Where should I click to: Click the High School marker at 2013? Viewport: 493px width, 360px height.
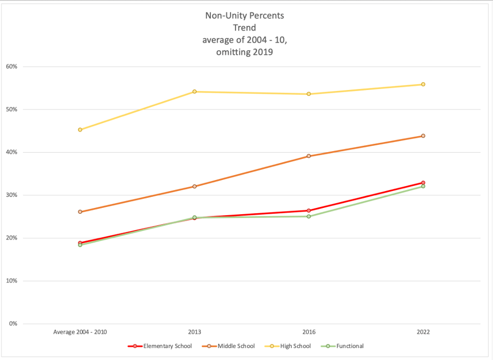click(x=194, y=92)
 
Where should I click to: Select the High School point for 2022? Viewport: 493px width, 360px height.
click(x=423, y=84)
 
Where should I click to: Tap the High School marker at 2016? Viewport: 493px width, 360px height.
click(x=309, y=94)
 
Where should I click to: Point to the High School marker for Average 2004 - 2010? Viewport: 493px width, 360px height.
click(x=80, y=129)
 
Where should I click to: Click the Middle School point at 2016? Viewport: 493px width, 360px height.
click(x=309, y=156)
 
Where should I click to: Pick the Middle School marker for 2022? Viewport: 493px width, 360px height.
click(x=423, y=136)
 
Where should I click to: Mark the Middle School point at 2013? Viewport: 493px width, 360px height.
click(x=194, y=186)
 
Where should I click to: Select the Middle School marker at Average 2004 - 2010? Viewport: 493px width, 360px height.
click(x=80, y=212)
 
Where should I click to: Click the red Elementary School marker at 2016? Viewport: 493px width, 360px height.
click(x=309, y=211)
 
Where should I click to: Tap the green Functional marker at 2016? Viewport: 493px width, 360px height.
click(x=309, y=216)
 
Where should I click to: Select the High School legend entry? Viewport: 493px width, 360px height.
click(x=289, y=346)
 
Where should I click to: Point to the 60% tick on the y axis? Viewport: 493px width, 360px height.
click(x=12, y=67)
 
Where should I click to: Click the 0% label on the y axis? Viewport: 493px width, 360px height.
click(x=14, y=324)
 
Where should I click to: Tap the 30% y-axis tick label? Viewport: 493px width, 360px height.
click(x=12, y=195)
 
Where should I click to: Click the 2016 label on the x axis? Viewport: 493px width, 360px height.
click(x=309, y=332)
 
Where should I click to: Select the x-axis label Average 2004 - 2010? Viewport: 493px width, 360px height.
click(x=80, y=332)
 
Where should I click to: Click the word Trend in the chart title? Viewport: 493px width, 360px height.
click(x=244, y=28)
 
